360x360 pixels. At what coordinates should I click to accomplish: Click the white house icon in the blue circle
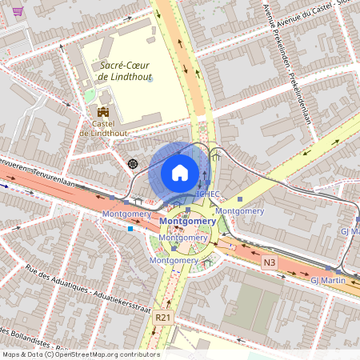pos(180,173)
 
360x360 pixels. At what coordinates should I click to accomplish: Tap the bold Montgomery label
pos(187,221)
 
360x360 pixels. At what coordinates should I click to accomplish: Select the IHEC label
pos(208,194)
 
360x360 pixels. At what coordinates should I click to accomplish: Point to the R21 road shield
pos(163,317)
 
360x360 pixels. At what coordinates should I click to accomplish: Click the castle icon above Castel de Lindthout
pos(102,112)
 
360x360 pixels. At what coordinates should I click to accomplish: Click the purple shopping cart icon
pos(18,11)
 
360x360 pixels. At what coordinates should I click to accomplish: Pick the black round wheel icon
pos(133,163)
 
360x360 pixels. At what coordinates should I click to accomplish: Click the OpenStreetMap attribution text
pos(80,354)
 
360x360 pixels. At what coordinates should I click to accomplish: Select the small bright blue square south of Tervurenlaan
pos(130,229)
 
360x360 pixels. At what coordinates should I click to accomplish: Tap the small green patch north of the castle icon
pos(90,95)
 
